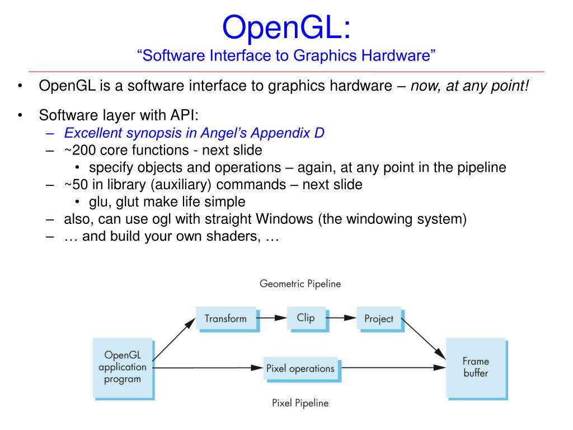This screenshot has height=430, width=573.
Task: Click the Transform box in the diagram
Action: pyautogui.click(x=226, y=319)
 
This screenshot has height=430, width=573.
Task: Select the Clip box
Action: pyautogui.click(x=306, y=318)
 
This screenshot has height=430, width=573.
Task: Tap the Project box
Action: pyautogui.click(x=379, y=319)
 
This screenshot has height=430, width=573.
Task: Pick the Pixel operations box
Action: pyautogui.click(x=300, y=368)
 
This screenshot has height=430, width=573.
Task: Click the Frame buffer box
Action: pyautogui.click(x=476, y=367)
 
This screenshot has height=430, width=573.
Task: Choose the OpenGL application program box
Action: pyautogui.click(x=122, y=367)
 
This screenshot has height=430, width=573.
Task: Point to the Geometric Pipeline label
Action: pyautogui.click(x=300, y=284)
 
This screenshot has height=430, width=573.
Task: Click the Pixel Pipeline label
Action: pyautogui.click(x=300, y=403)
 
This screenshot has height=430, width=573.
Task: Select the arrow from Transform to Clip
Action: pyautogui.click(x=272, y=318)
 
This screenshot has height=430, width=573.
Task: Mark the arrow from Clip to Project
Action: pyautogui.click(x=341, y=318)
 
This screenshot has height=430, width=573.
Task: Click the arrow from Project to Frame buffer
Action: pyautogui.click(x=424, y=338)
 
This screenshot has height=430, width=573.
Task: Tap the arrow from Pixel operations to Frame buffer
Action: pyautogui.click(x=392, y=368)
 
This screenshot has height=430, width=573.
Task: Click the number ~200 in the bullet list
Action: pyautogui.click(x=81, y=150)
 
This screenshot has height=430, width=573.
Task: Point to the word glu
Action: pyautogui.click(x=98, y=202)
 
